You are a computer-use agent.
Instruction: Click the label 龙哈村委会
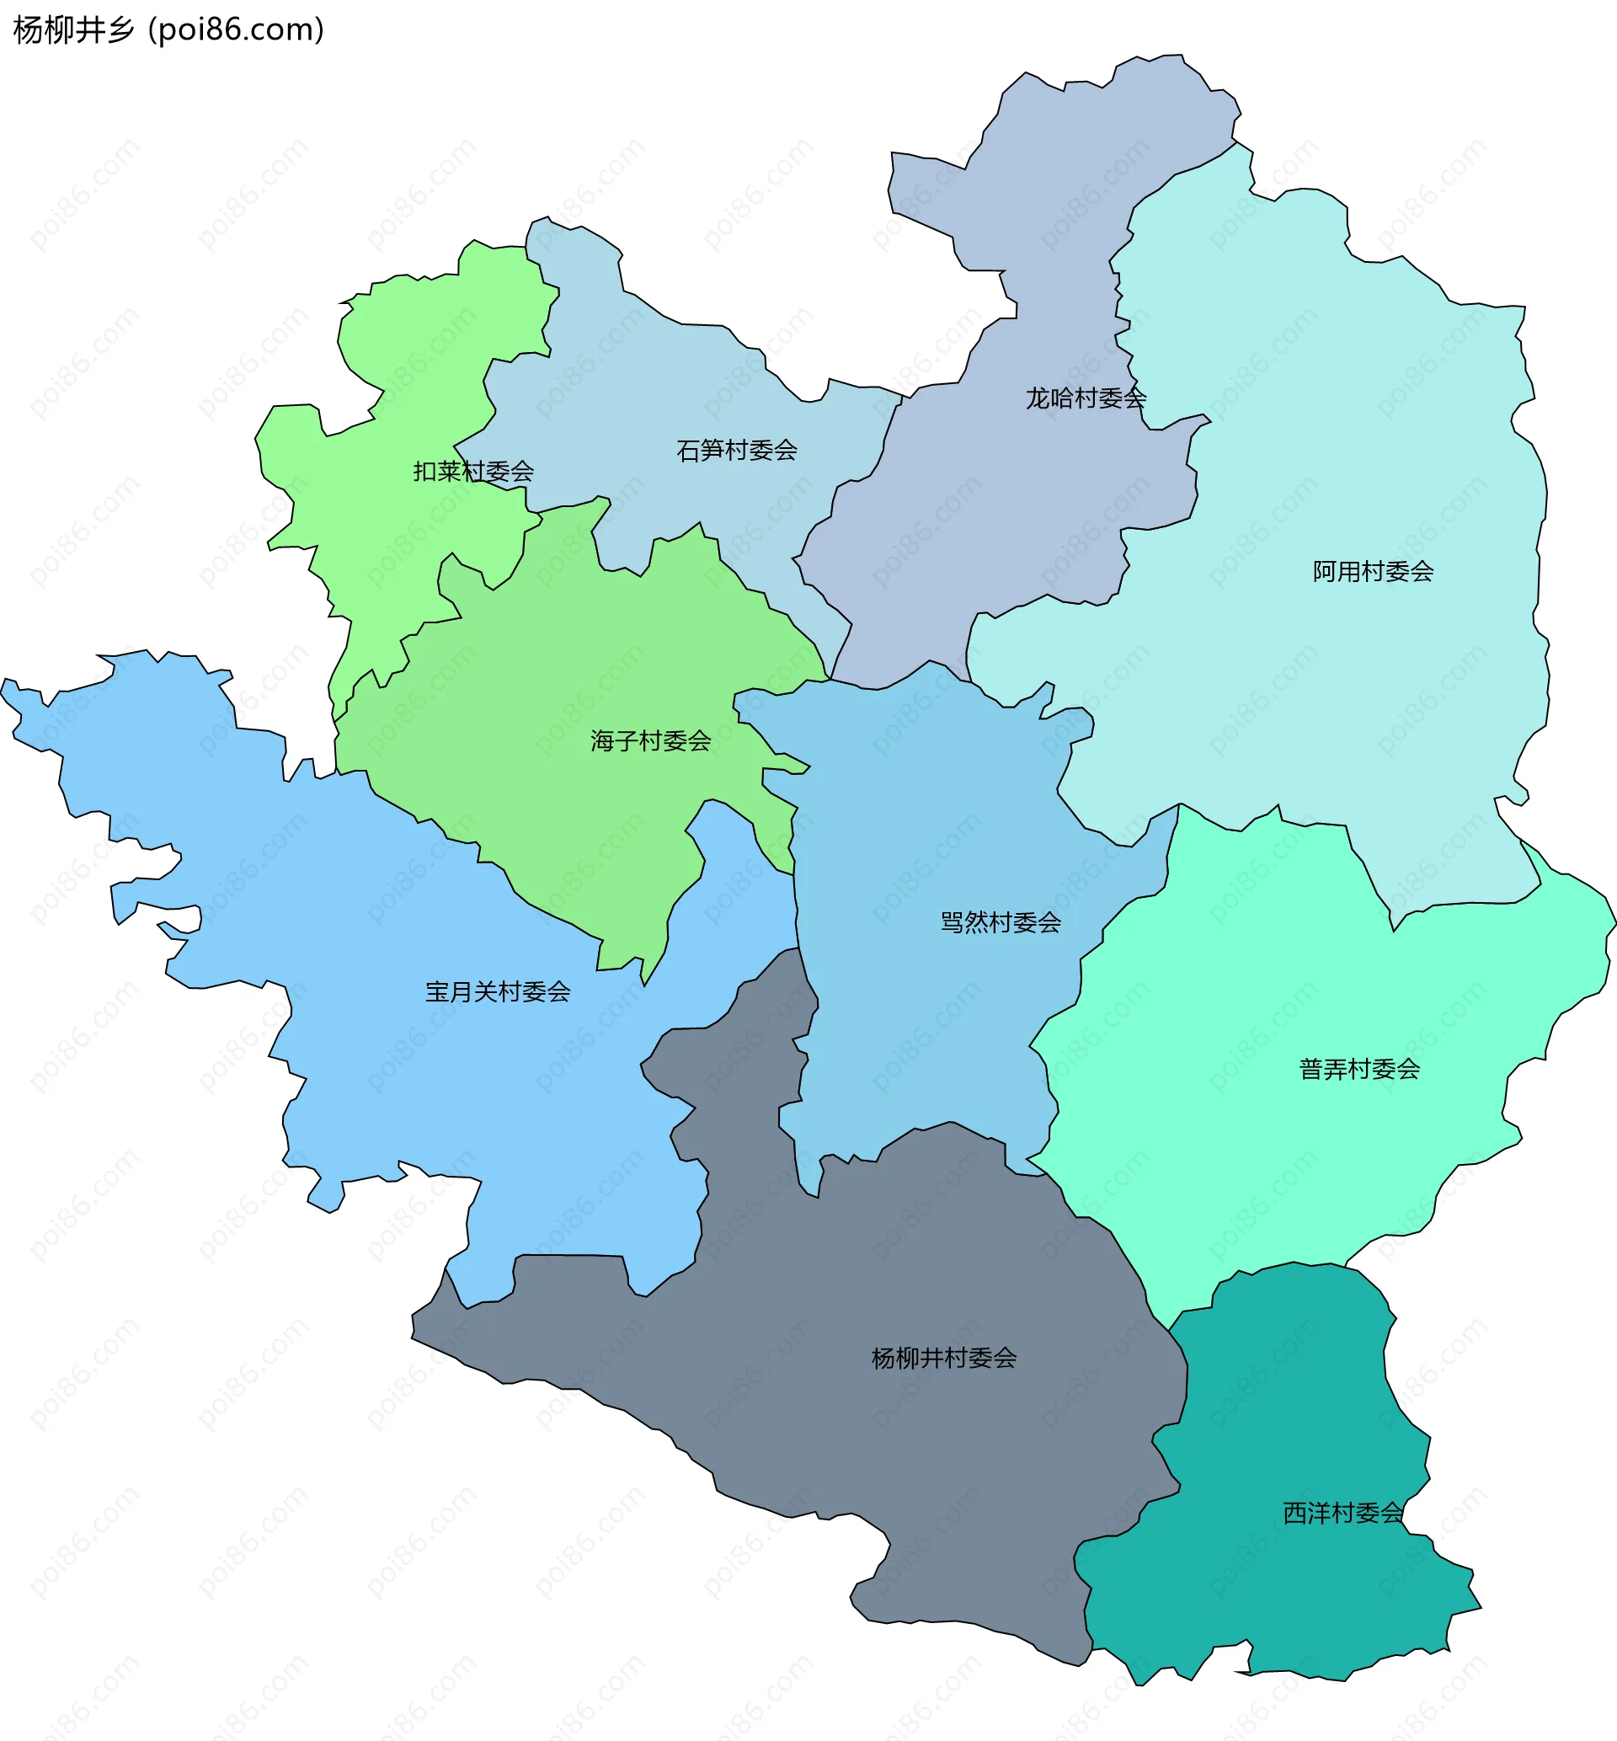[1085, 399]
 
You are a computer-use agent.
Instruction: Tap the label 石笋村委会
[737, 451]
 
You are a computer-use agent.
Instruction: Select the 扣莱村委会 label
[473, 472]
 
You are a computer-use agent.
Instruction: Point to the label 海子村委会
[650, 741]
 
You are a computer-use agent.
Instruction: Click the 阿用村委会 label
[1373, 571]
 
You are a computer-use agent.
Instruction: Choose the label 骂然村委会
[1001, 922]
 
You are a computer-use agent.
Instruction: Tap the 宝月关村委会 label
[498, 991]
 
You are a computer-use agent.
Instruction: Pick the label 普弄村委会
[1359, 1068]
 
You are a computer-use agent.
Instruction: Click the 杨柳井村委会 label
[944, 1358]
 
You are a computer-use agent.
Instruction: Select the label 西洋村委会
[1343, 1513]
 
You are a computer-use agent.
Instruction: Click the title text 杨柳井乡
[74, 29]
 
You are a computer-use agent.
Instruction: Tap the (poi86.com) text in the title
[237, 29]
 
